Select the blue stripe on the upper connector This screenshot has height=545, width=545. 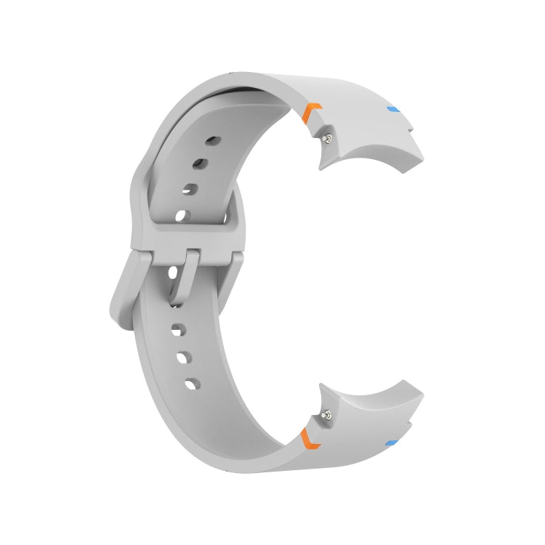[394, 110]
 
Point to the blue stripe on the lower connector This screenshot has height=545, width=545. [391, 442]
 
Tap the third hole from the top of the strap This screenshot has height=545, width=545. [192, 189]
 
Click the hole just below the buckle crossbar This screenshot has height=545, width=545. [174, 274]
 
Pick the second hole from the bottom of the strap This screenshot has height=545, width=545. [182, 358]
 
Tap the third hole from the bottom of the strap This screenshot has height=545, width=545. [177, 331]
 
